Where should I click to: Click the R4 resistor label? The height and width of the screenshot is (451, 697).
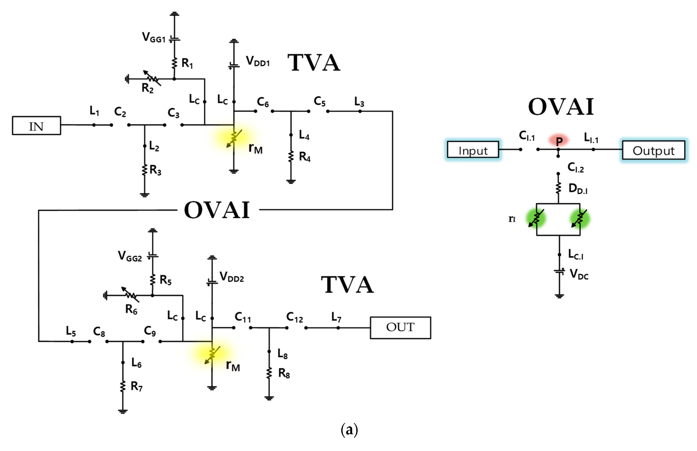[x=304, y=157]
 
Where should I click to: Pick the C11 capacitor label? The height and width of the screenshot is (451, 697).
[x=243, y=317]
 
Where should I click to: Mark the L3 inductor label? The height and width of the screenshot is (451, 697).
[x=359, y=102]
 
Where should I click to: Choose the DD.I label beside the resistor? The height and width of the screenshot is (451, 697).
[x=577, y=189]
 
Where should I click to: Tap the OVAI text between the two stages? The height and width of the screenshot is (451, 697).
[x=217, y=210]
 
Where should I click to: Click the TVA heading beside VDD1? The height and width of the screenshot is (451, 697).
[x=314, y=63]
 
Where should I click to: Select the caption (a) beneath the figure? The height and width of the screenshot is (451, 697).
[x=349, y=430]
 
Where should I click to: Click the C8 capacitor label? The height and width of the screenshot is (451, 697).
[x=99, y=332]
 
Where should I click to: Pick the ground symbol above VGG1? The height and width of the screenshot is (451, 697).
[x=174, y=14]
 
